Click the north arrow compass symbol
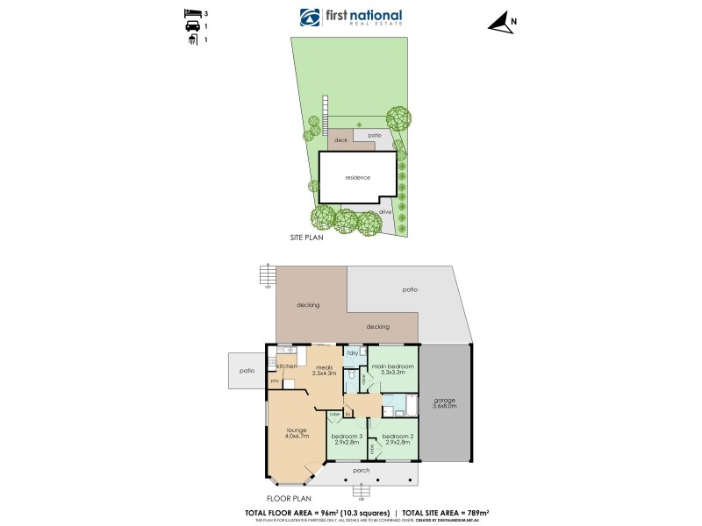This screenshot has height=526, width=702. coord(502,25)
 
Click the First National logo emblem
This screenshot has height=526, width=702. coord(311,18)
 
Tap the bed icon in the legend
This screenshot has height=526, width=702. coord(190,14)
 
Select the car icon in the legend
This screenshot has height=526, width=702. coord(190,27)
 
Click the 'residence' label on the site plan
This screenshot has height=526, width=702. coord(345,178)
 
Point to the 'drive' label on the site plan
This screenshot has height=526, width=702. coord(384,212)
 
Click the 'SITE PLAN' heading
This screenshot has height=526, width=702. coord(308,237)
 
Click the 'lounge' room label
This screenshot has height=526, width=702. coord(295,431)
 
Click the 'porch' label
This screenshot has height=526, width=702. coord(361,471)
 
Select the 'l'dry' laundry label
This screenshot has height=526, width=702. coord(352,352)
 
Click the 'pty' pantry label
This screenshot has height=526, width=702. coord(274,381)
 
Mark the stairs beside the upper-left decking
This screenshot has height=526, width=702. coord(268,277)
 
